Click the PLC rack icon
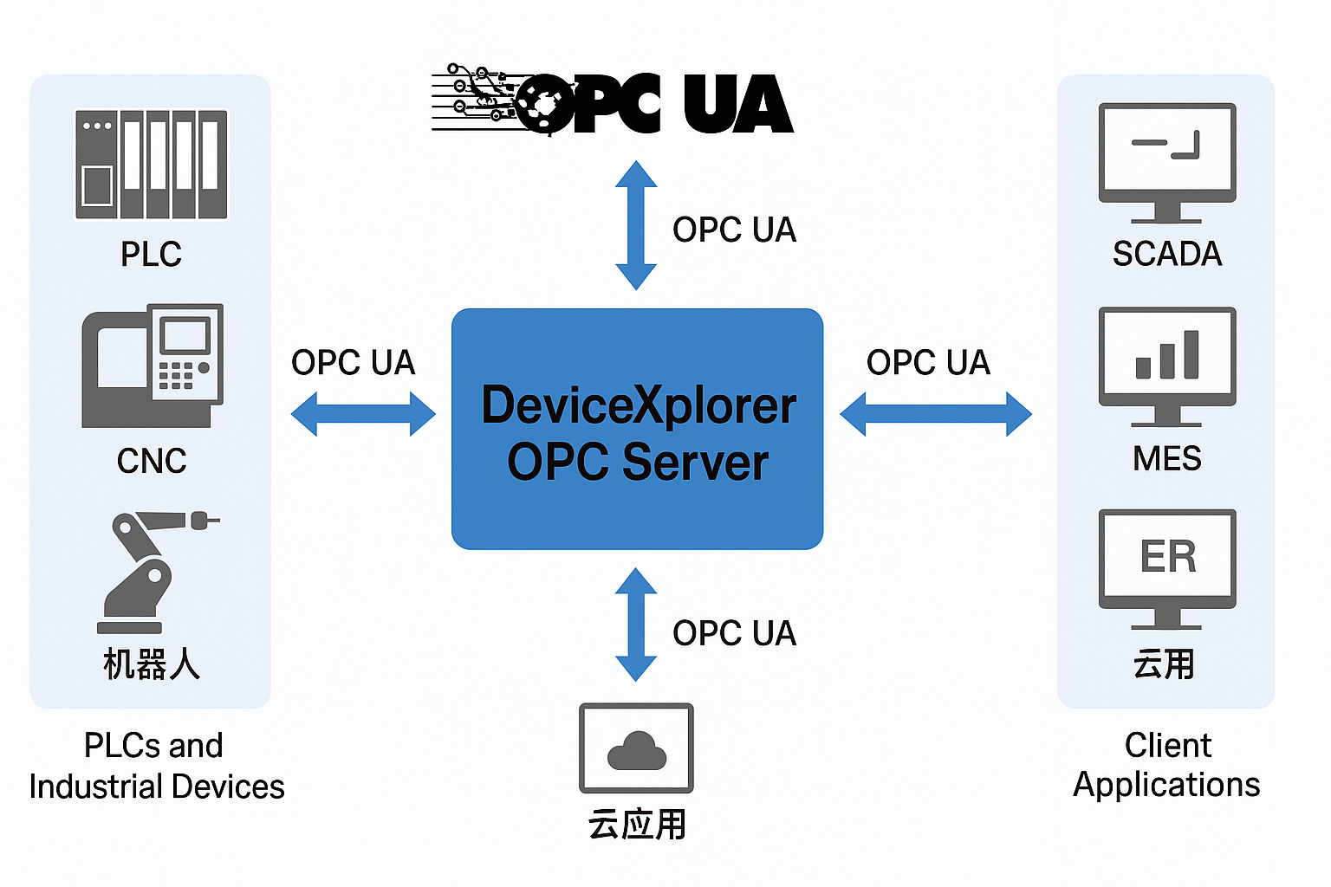[152, 164]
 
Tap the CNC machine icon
[153, 366]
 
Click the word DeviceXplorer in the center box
[639, 405]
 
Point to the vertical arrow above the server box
[636, 225]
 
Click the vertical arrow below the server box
[636, 625]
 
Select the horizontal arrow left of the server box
[363, 414]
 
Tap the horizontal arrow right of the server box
[936, 414]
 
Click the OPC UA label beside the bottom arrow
[734, 633]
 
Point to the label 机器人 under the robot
[152, 664]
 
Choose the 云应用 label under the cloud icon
[637, 824]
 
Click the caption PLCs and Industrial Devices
[156, 766]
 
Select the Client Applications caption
[1167, 764]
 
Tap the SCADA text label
[1167, 254]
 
